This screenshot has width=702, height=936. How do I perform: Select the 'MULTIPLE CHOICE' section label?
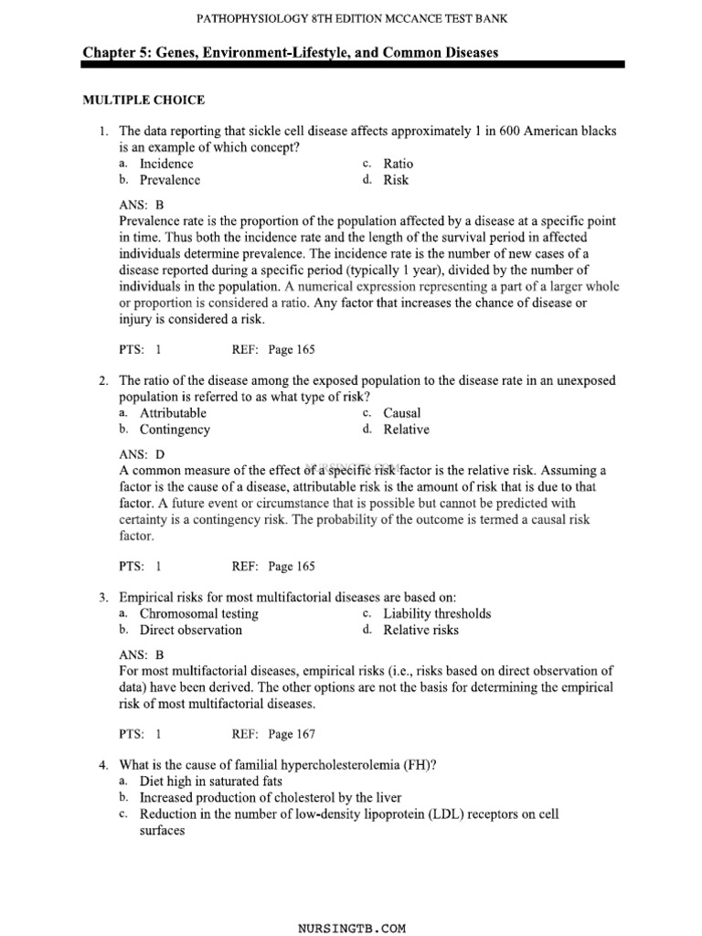pos(144,100)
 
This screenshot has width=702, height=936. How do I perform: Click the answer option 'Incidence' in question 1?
pos(166,164)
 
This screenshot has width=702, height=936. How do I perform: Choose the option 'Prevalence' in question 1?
pos(169,180)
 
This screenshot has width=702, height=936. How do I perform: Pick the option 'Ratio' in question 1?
pos(398,164)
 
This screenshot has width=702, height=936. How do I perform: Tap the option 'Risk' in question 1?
pos(396,180)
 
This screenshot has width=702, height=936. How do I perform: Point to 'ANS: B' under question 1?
pos(141,206)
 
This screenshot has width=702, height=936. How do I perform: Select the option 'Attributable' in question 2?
pos(173,413)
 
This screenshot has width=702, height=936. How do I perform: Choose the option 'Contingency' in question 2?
pos(175,430)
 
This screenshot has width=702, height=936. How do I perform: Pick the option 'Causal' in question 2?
pos(402,413)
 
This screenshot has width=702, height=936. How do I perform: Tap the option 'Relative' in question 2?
pos(406,430)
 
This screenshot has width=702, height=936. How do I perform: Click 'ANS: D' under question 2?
pos(142,454)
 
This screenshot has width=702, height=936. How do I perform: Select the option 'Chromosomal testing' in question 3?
pos(198,613)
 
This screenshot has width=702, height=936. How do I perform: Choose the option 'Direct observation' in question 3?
pos(191,630)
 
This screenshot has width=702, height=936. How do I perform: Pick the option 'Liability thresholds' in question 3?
pos(437,613)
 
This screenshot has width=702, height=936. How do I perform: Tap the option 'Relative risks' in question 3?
pos(421,630)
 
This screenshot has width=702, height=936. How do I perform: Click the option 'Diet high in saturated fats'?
pos(210,782)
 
